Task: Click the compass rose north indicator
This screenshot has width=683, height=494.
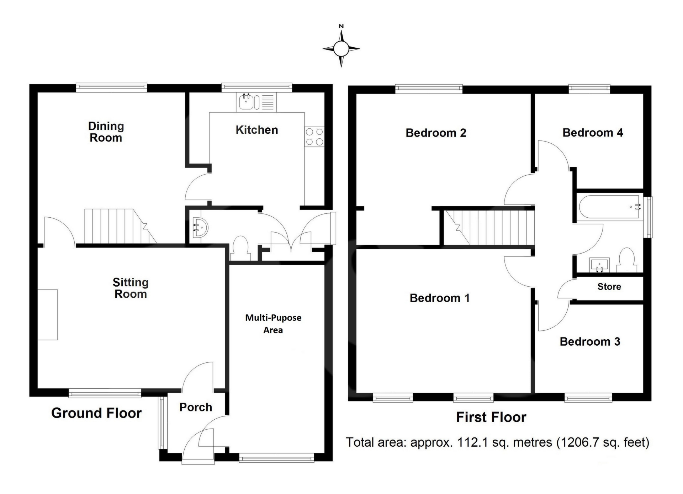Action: click(x=341, y=46)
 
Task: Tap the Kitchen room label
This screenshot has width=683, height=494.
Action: click(x=257, y=130)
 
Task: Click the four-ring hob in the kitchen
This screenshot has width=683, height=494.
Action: click(x=314, y=137)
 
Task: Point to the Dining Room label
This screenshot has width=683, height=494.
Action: click(x=106, y=132)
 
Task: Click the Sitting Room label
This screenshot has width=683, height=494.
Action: click(x=131, y=288)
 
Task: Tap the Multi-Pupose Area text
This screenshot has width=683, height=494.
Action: click(x=273, y=324)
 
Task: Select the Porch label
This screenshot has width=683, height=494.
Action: click(x=196, y=407)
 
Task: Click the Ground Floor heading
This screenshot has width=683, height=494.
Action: click(x=96, y=413)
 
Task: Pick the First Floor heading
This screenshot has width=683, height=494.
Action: click(x=491, y=417)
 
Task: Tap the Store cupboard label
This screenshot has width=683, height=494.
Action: click(x=609, y=287)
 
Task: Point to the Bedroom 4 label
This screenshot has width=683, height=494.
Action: click(x=593, y=133)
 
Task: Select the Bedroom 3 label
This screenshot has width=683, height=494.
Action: click(x=590, y=341)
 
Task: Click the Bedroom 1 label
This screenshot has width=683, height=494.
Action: click(x=440, y=298)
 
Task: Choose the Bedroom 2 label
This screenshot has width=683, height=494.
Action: click(x=436, y=133)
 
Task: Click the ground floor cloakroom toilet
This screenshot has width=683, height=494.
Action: click(x=240, y=248)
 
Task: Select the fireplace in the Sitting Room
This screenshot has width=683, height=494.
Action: click(x=48, y=315)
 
